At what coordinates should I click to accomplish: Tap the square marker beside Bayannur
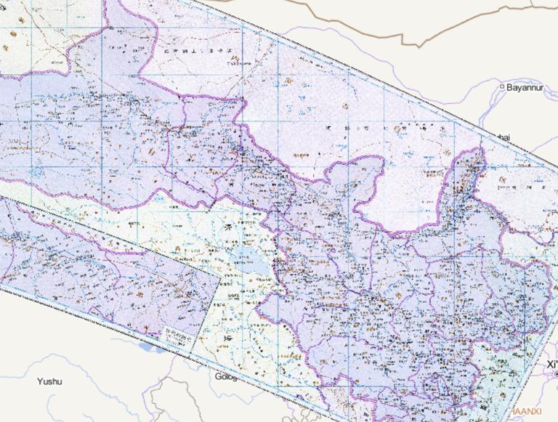click(x=502, y=87)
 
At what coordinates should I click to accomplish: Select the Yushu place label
click(x=49, y=381)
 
